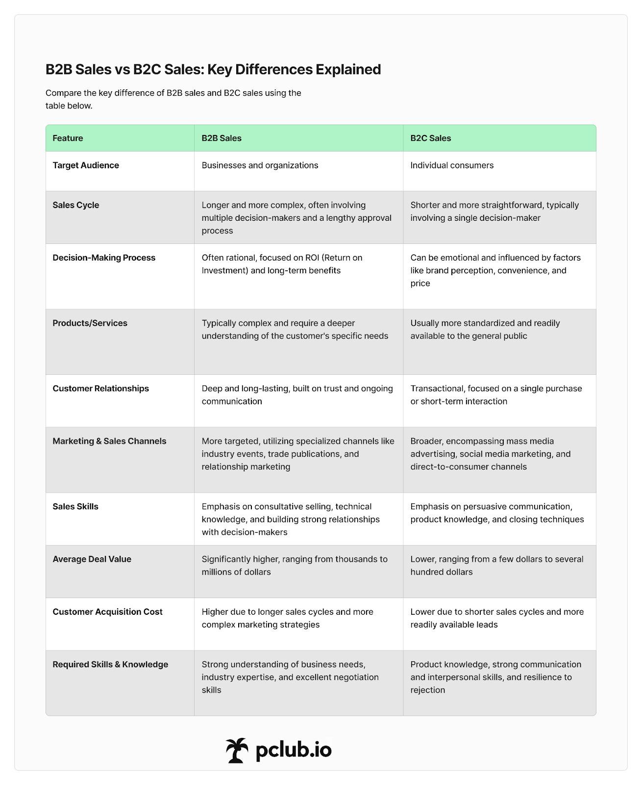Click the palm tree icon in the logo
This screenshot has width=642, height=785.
pyautogui.click(x=237, y=750)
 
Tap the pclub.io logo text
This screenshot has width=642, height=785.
pyautogui.click(x=294, y=750)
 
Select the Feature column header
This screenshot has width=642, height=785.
pyautogui.click(x=68, y=138)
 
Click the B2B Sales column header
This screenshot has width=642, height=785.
pyautogui.click(x=222, y=138)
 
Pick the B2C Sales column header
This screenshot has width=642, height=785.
pyautogui.click(x=430, y=138)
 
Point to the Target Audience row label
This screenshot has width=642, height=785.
pyautogui.click(x=86, y=165)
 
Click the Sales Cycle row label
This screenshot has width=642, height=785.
pyautogui.click(x=76, y=205)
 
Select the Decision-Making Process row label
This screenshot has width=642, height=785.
pyautogui.click(x=104, y=258)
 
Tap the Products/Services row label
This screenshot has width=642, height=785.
pyautogui.click(x=90, y=323)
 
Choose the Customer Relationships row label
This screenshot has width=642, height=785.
pyautogui.click(x=101, y=389)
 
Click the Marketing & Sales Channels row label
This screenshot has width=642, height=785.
pyautogui.click(x=110, y=441)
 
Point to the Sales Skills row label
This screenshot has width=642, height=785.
pyautogui.click(x=75, y=506)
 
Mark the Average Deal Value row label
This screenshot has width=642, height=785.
pyautogui.click(x=92, y=559)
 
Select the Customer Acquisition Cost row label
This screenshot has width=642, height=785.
pyautogui.click(x=108, y=612)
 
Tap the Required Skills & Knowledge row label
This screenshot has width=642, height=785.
pyautogui.click(x=110, y=664)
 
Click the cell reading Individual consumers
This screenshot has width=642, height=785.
pyautogui.click(x=452, y=165)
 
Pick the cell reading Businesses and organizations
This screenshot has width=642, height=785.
pyautogui.click(x=260, y=165)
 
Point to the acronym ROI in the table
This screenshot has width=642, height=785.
pyautogui.click(x=308, y=258)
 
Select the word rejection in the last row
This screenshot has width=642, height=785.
pyautogui.click(x=428, y=690)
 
